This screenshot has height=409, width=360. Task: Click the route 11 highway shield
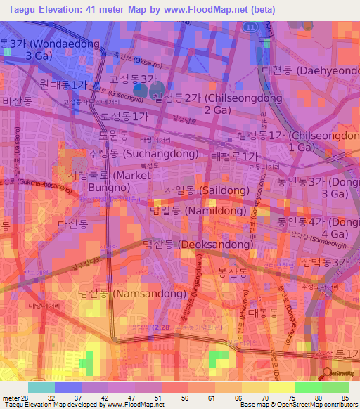pos(250,26)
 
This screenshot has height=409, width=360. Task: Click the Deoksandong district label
pos(198,245)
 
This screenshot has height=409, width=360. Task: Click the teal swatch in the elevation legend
pos(41,387)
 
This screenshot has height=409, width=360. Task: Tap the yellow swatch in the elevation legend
pos(281,387)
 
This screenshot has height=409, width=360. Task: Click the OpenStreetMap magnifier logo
pos(328,375)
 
